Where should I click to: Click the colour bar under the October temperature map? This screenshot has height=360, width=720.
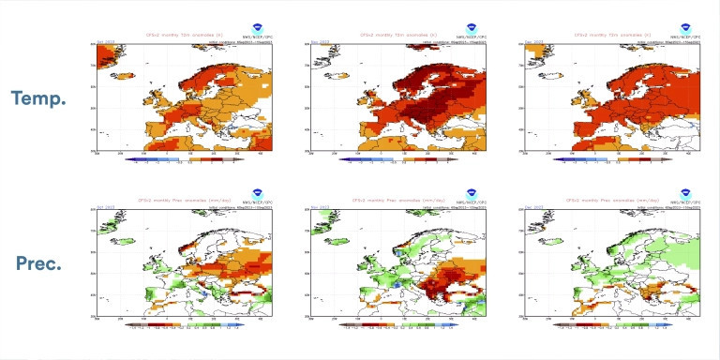pyautogui.click(x=184, y=159)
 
